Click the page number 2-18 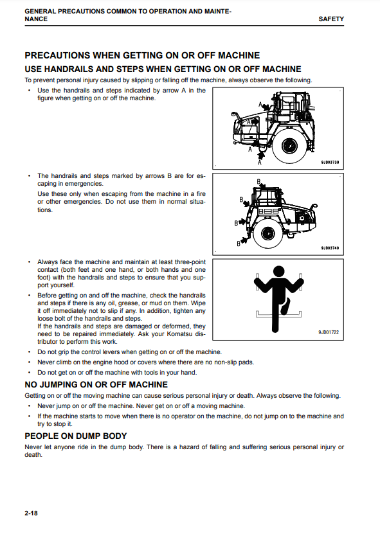[x=31, y=513]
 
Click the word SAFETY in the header [x=331, y=19]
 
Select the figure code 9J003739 [x=330, y=163]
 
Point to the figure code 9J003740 [x=330, y=248]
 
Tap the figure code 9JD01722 [x=329, y=332]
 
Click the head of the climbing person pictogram [x=279, y=271]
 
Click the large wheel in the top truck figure [x=290, y=147]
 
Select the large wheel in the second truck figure [x=267, y=233]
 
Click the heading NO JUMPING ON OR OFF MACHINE [x=96, y=385]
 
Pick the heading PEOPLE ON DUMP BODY [x=76, y=436]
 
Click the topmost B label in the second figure [x=258, y=181]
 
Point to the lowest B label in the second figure [x=239, y=244]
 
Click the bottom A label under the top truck [x=260, y=163]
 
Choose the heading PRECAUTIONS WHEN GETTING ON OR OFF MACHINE [x=142, y=55]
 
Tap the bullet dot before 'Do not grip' [x=30, y=352]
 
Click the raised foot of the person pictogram [x=285, y=306]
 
